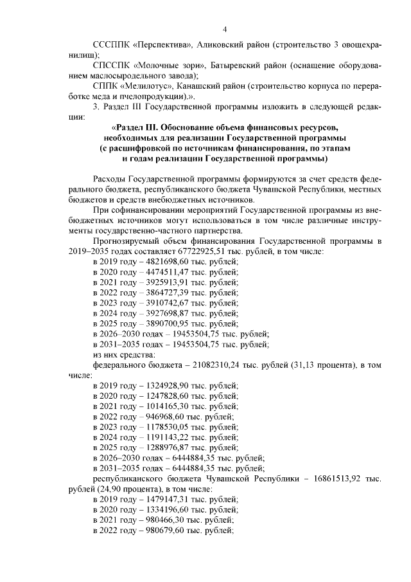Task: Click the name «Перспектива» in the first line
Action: click(161, 46)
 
